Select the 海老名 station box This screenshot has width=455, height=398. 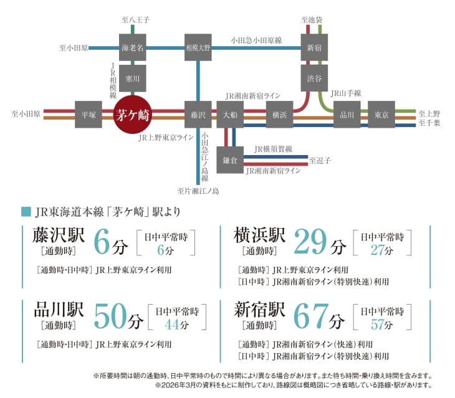tap(132, 47)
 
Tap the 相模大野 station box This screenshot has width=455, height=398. tap(198, 47)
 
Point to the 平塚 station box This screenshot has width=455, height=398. tap(89, 115)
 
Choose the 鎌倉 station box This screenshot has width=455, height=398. tap(231, 159)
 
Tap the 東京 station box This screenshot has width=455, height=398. tap(381, 115)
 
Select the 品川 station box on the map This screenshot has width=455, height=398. tap(347, 115)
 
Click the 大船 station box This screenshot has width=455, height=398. tap(231, 115)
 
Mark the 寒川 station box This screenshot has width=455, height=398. tap(132, 78)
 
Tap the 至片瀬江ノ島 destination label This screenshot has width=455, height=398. tap(198, 191)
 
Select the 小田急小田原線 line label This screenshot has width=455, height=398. tap(256, 40)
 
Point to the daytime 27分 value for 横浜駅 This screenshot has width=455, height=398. tap(378, 250)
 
